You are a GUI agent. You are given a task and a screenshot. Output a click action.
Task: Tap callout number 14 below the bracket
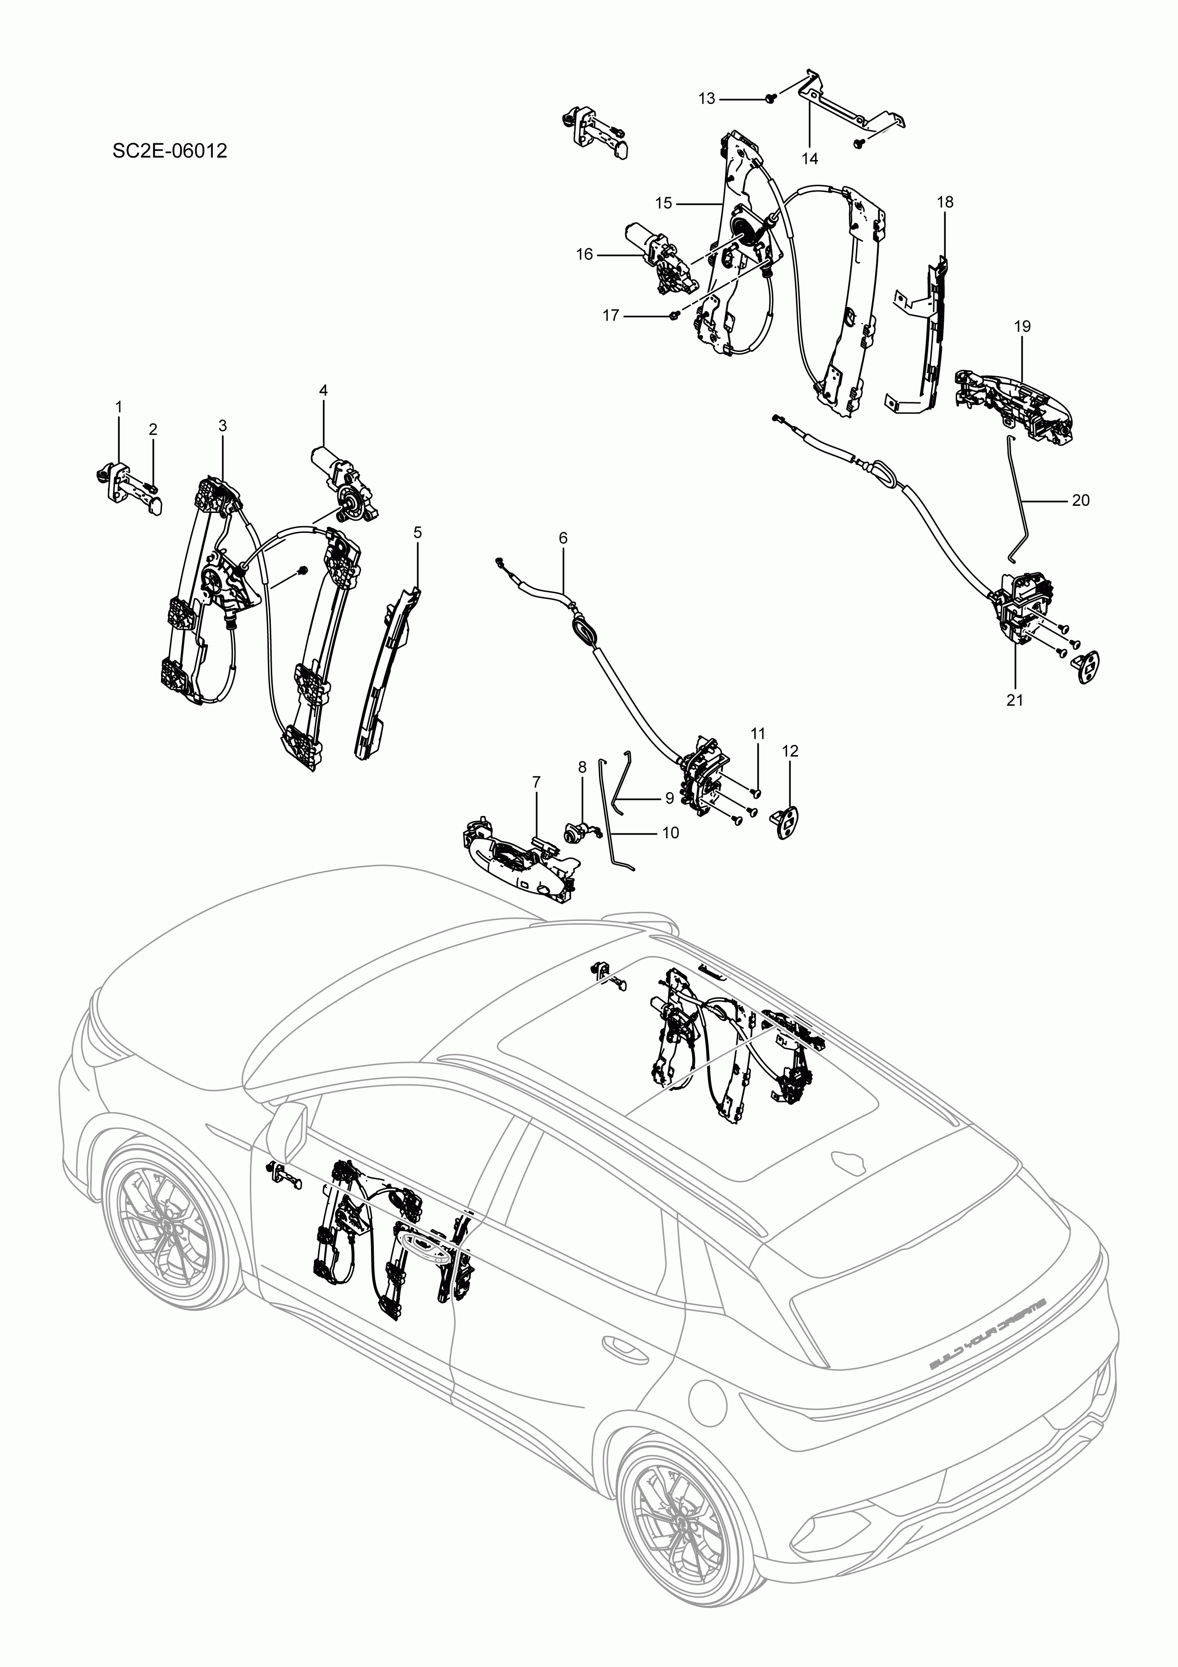click(x=810, y=158)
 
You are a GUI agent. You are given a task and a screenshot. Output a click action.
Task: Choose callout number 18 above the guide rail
click(x=945, y=202)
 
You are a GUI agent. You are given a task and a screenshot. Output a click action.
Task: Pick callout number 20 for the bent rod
click(x=1081, y=500)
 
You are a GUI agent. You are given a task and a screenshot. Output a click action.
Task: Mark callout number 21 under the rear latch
click(x=1015, y=700)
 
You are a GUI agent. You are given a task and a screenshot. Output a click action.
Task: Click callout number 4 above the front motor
click(x=323, y=390)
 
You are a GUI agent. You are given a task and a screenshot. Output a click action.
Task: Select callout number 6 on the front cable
click(x=563, y=538)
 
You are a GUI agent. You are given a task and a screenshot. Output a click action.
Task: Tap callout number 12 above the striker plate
click(x=790, y=751)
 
